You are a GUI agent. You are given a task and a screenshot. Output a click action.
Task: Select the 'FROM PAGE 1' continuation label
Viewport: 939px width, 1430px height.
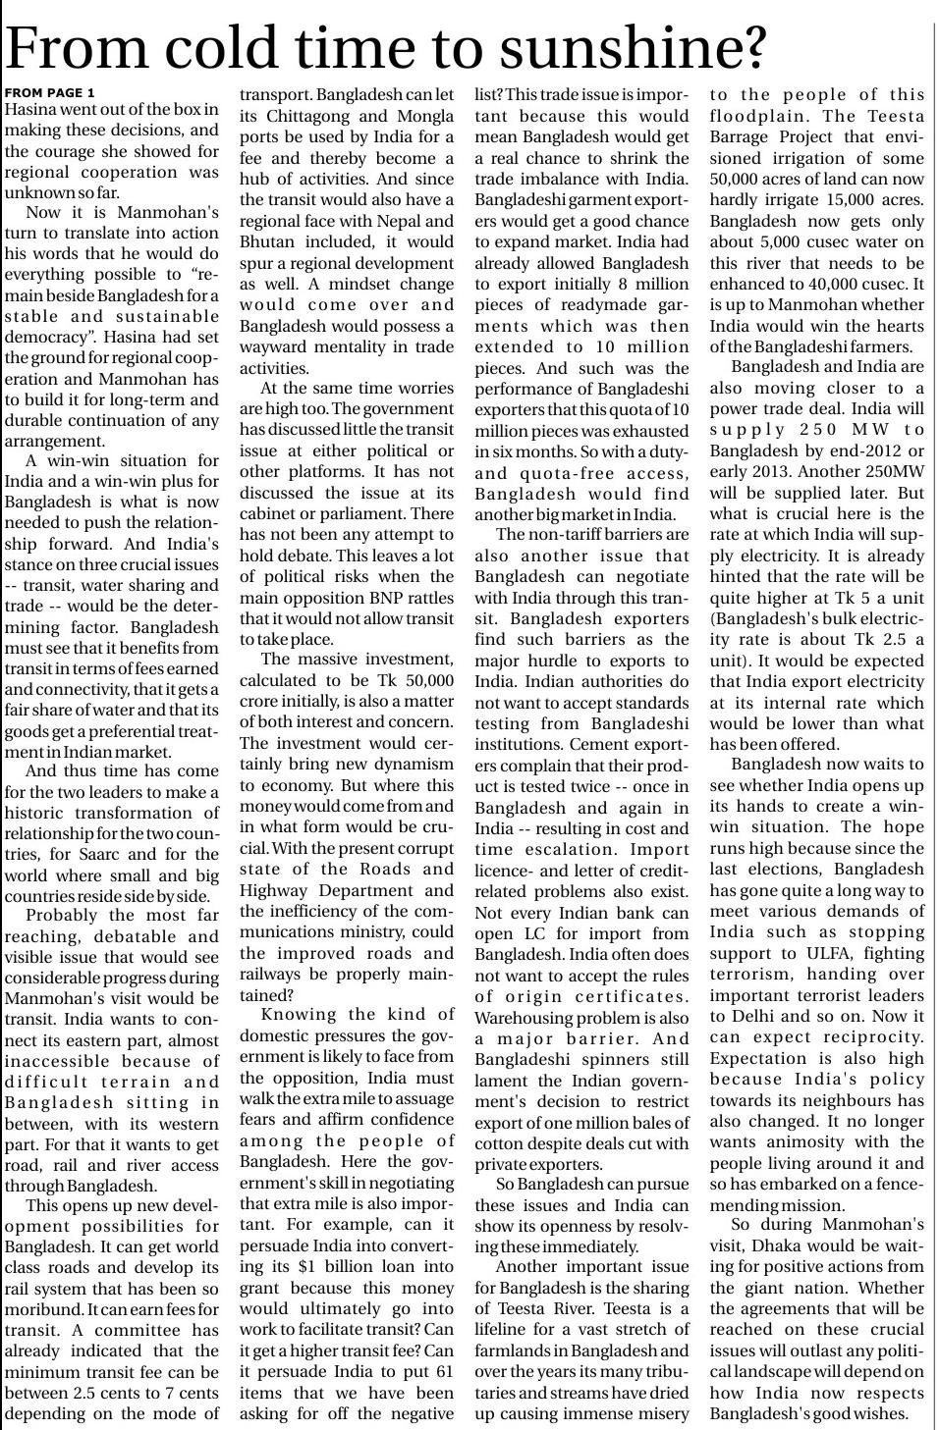coord(50,92)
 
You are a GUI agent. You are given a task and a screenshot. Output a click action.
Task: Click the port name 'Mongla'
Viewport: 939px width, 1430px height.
coord(421,116)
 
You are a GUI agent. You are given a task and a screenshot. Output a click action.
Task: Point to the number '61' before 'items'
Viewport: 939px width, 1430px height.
coord(442,1372)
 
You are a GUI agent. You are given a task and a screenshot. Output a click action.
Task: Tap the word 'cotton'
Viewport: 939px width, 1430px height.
coord(502,1143)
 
